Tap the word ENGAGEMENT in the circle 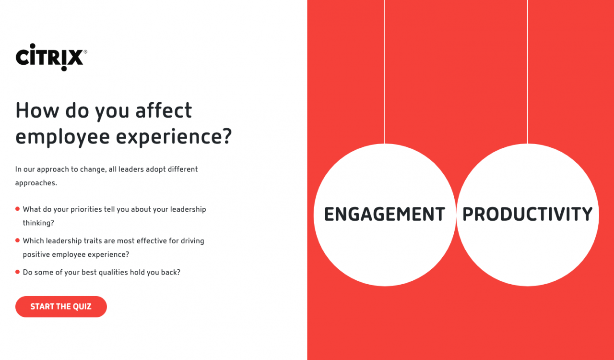(385, 214)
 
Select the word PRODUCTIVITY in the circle (527, 214)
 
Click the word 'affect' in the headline (164, 110)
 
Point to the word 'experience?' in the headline (174, 137)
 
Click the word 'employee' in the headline (63, 137)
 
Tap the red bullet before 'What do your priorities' (18, 209)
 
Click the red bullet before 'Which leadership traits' (18, 240)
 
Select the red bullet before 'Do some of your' (18, 272)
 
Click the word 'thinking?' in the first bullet (38, 223)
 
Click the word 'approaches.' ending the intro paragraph (36, 183)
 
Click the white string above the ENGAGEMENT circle (385, 72)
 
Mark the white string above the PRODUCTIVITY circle (527, 72)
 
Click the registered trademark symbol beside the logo (85, 51)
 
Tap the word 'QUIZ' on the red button (82, 307)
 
